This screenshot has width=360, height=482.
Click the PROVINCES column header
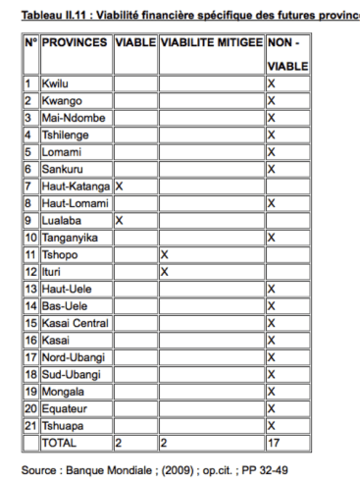(76, 43)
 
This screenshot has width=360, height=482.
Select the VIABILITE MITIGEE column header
(211, 43)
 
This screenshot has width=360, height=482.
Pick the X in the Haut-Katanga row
(119, 186)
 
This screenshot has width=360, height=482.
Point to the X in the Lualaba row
(119, 220)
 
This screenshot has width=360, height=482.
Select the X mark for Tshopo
(164, 254)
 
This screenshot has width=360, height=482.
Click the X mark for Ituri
(164, 271)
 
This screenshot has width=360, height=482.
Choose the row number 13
(30, 289)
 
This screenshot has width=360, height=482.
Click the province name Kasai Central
(75, 322)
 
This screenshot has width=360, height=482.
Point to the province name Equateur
(64, 407)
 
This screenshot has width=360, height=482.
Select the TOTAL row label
(58, 442)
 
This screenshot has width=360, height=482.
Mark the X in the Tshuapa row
(271, 425)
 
